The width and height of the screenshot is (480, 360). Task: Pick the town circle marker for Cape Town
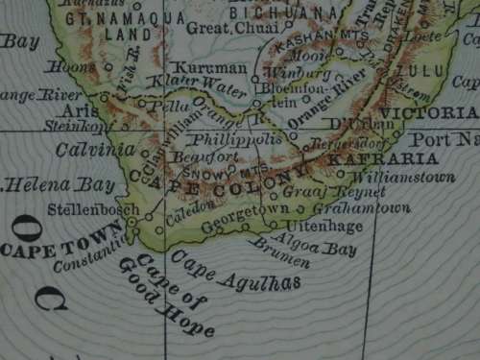click(131, 224)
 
